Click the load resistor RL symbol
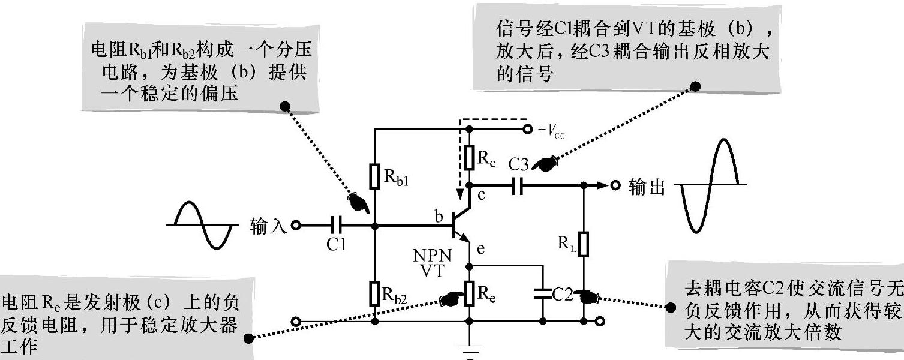pos(583,244)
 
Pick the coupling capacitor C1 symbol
pos(337,226)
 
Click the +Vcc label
pos(553,129)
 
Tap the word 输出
pos(646,187)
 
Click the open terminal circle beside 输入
pos(295,226)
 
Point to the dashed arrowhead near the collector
pos(461,194)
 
